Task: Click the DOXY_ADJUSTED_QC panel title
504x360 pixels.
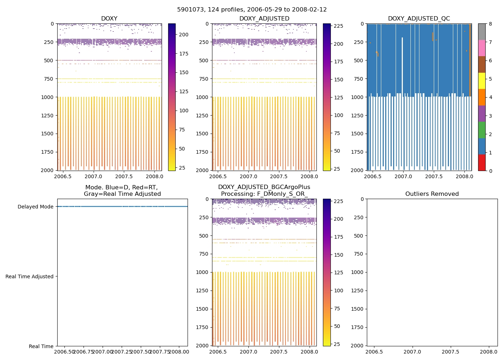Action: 419,19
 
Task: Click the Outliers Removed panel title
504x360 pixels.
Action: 432,194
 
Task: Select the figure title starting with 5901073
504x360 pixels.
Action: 252,10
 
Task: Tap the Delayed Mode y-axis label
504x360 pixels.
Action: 35,207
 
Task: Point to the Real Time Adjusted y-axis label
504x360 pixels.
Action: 30,276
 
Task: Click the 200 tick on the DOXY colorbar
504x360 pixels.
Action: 184,35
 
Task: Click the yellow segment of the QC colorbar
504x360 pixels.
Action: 482,81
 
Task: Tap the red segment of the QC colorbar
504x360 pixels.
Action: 482,163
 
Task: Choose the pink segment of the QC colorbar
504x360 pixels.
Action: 482,48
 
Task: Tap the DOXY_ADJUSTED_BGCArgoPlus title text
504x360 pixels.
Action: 264,187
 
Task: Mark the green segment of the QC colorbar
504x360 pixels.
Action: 482,130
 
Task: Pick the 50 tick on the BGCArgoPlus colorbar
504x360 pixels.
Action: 337,326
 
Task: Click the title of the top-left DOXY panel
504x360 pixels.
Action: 109,19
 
